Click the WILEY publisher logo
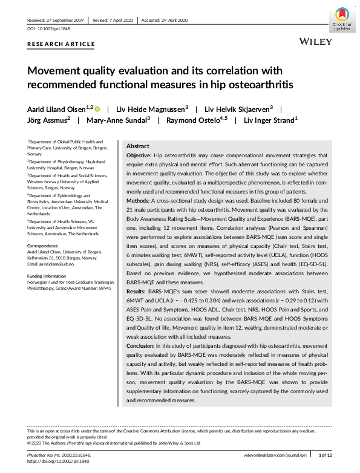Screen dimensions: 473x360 point(315,41)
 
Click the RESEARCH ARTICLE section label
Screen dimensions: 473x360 point(61,44)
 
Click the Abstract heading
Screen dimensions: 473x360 point(137,146)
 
